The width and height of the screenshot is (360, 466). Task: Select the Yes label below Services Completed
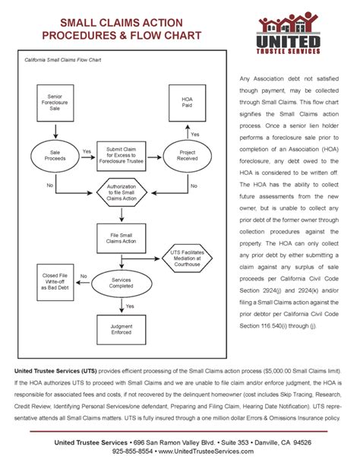130,306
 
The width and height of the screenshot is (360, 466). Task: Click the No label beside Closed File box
84,276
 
